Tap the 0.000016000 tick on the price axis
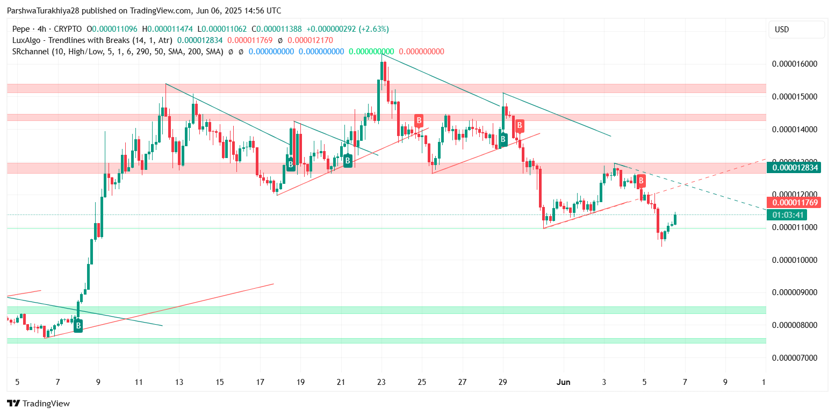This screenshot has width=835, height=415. (x=794, y=64)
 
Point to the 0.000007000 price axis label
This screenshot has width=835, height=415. (x=794, y=357)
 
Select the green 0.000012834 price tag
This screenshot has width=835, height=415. (x=795, y=168)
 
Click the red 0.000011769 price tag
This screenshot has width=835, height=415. (x=795, y=203)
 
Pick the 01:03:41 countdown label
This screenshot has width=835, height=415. (x=788, y=215)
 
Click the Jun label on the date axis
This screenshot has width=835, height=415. (x=563, y=382)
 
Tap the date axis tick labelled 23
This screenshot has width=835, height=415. (x=381, y=382)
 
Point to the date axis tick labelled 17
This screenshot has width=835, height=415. (x=260, y=382)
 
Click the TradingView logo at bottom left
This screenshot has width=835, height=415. (x=38, y=403)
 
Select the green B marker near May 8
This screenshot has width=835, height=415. (x=78, y=326)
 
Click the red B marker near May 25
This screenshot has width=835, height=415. (x=419, y=120)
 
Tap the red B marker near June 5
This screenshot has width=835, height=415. (x=641, y=181)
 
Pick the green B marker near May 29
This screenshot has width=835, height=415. (x=503, y=140)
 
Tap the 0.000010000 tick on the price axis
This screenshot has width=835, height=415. (x=794, y=260)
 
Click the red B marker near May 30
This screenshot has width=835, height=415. (x=520, y=126)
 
